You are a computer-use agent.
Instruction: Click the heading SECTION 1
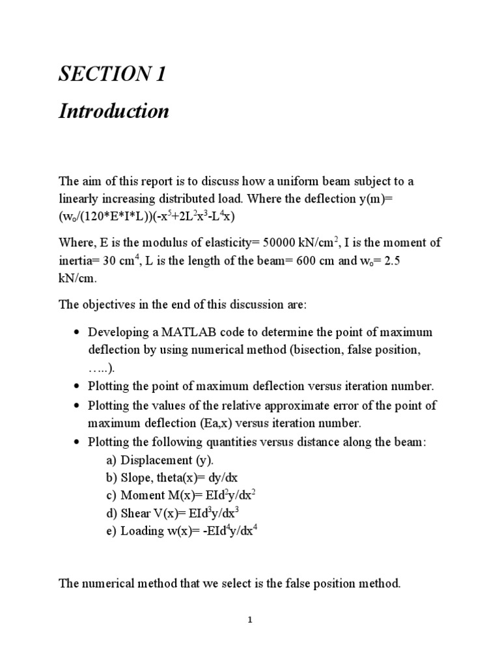click(112, 76)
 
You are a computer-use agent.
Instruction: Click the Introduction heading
click(114, 111)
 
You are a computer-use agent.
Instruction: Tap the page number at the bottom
click(249, 620)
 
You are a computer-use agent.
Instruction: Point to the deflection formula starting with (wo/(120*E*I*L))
click(143, 216)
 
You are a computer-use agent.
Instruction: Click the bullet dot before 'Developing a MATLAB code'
click(77, 333)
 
